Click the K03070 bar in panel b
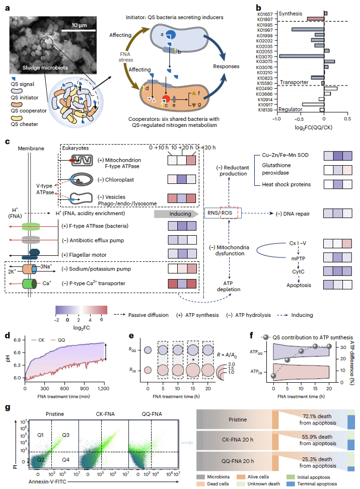click(302, 56)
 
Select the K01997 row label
click(265, 30)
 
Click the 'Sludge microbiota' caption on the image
click(45, 67)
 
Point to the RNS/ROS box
click(223, 213)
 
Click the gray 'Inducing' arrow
click(176, 214)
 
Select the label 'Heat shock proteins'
click(286, 184)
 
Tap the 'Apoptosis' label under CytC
click(299, 285)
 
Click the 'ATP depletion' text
click(229, 286)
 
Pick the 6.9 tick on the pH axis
click(17, 340)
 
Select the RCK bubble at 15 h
click(193, 370)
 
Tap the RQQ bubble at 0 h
click(148, 350)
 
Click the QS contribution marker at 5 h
click(287, 360)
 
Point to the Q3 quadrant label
click(65, 435)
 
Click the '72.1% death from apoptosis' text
click(318, 420)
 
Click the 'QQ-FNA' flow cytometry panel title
click(152, 414)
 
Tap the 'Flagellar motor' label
click(84, 255)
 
